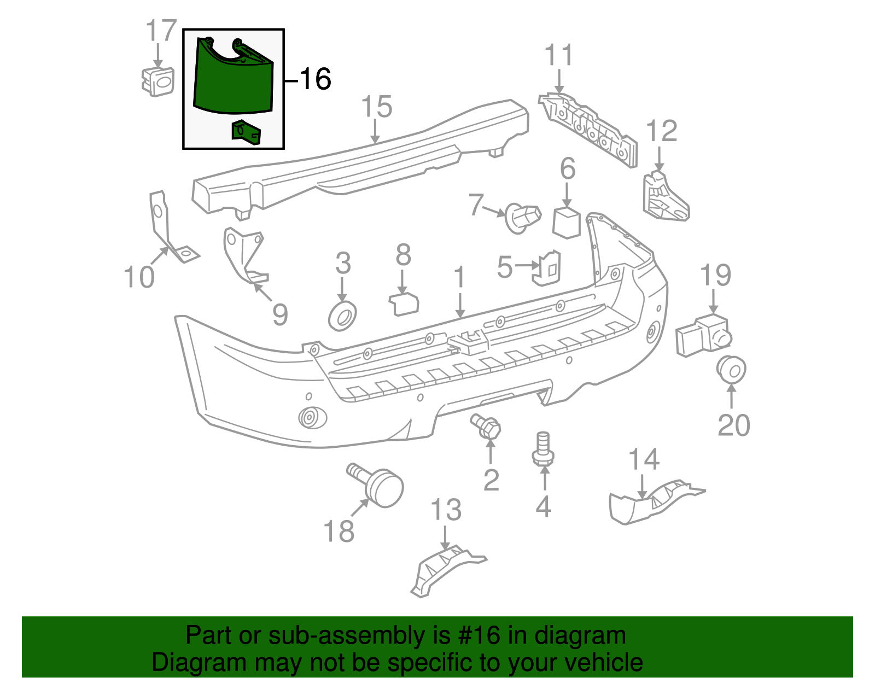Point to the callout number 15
click(377, 107)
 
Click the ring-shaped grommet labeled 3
click(342, 318)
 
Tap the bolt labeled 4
click(542, 451)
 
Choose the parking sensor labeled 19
click(703, 335)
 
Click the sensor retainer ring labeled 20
click(732, 370)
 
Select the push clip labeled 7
click(522, 217)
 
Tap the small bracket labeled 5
click(546, 268)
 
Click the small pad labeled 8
click(404, 305)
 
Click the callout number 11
click(559, 56)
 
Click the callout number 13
click(446, 510)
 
